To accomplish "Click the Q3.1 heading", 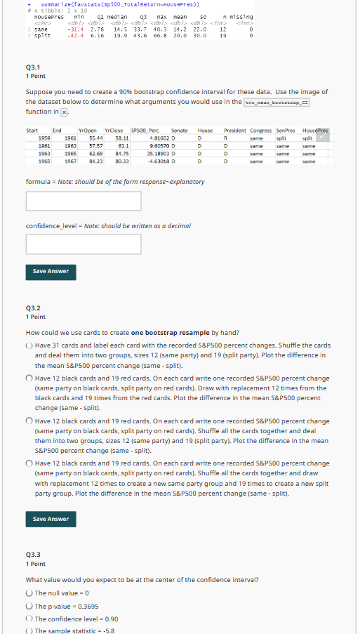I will [32, 67].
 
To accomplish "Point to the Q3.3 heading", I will [32, 553].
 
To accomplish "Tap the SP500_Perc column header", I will [145, 131].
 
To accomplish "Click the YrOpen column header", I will [88, 131].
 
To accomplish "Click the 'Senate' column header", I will [180, 131].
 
